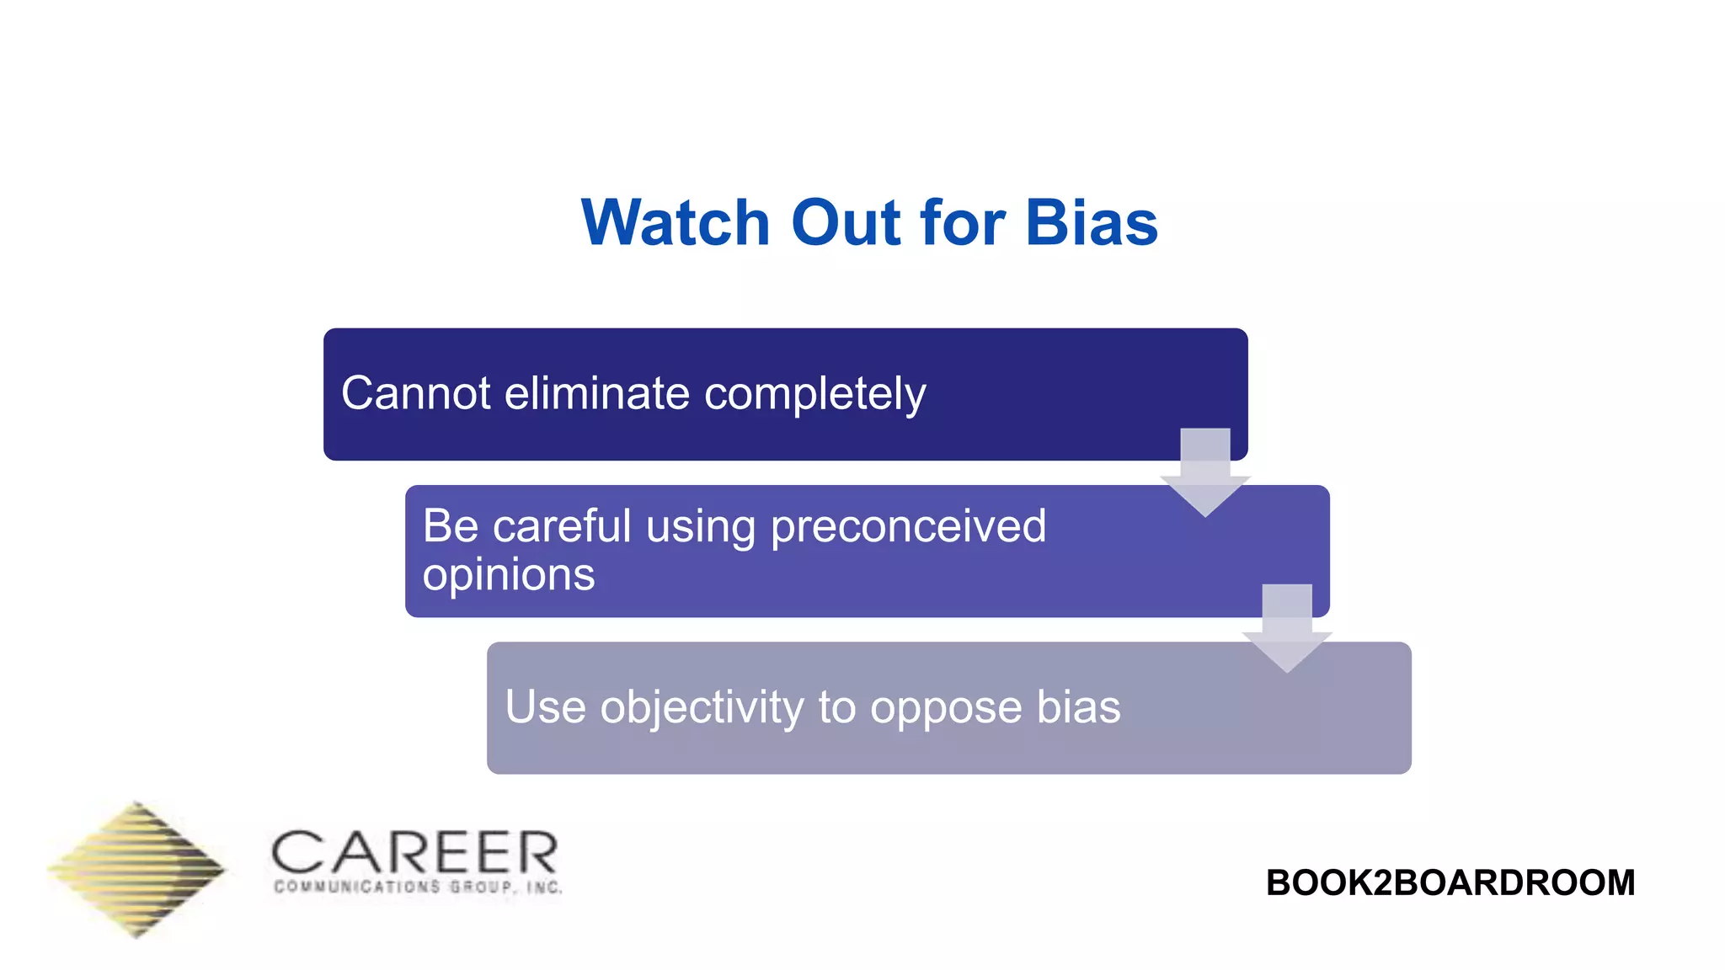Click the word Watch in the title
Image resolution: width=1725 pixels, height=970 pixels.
676,223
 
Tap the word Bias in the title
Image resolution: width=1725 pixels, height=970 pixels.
1092,223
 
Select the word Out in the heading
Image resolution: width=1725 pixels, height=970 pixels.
845,223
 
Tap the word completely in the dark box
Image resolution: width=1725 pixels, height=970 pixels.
814,395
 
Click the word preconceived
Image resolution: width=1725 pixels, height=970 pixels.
908,528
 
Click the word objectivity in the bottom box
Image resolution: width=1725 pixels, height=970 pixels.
702,707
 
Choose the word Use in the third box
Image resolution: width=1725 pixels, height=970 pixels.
545,706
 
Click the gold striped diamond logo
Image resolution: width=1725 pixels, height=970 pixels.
136,869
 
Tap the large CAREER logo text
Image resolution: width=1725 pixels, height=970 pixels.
414,853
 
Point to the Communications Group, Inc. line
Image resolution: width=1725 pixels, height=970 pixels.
418,887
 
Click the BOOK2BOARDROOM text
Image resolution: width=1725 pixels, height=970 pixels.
1450,883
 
